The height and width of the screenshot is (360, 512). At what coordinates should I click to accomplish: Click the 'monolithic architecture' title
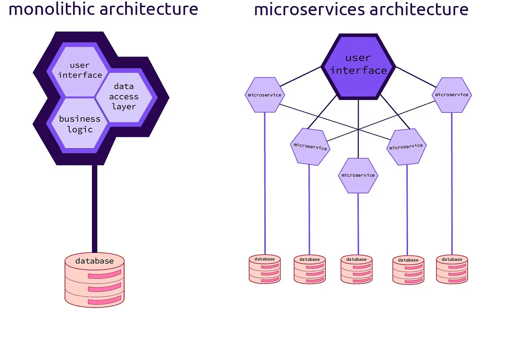coord(103,9)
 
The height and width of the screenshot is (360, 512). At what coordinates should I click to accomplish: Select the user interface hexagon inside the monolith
coord(80,70)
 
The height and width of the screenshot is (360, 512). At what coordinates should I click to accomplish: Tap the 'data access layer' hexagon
coord(124,97)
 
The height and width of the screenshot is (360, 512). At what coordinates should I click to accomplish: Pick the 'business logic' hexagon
coord(80,124)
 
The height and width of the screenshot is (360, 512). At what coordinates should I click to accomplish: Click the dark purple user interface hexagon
coord(358,66)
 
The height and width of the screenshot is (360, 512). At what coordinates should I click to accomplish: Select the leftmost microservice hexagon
coord(265,95)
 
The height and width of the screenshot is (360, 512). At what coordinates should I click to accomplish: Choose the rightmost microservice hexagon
coord(452,95)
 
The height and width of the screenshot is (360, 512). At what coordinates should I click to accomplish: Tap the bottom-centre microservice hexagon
coord(358,176)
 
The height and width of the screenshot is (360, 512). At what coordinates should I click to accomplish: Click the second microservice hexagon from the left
coord(310,147)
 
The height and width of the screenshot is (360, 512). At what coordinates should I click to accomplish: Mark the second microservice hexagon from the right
coord(406,147)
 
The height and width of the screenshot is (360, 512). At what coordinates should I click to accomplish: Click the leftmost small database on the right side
coord(265,270)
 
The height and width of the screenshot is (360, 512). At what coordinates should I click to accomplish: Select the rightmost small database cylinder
coord(452,270)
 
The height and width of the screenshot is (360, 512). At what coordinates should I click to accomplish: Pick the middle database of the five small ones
coord(356,270)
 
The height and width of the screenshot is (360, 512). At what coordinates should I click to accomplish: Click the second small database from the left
coord(310,270)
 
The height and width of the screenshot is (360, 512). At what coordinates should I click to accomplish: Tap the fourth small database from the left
coord(408,270)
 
